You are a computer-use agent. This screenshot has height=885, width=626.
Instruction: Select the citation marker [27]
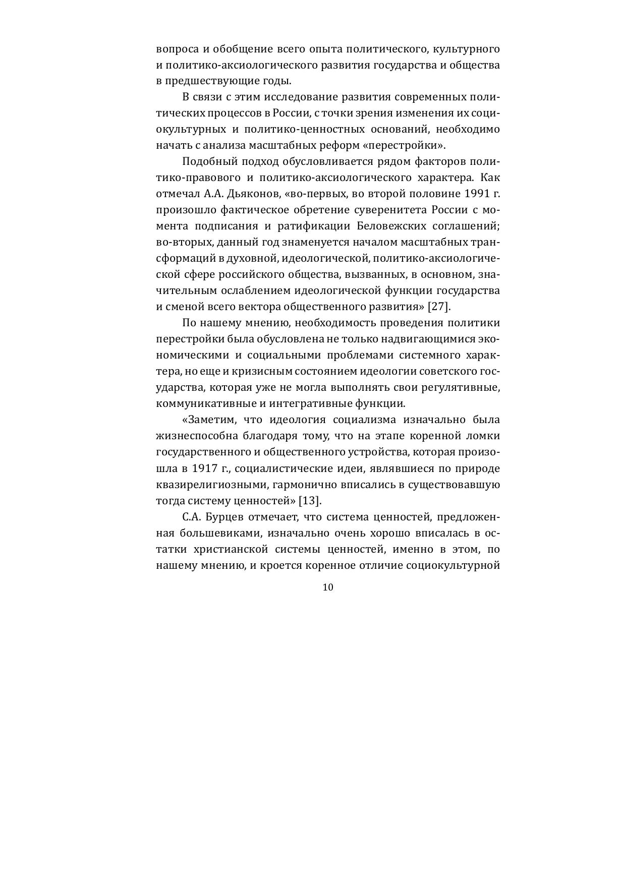point(438,307)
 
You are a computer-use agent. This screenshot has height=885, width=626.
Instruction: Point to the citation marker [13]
point(310,501)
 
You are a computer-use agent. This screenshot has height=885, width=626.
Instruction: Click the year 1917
point(205,468)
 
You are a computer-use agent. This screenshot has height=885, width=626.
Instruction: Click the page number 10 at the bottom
point(328,587)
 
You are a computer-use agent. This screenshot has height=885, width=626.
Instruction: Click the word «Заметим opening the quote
point(209,420)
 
